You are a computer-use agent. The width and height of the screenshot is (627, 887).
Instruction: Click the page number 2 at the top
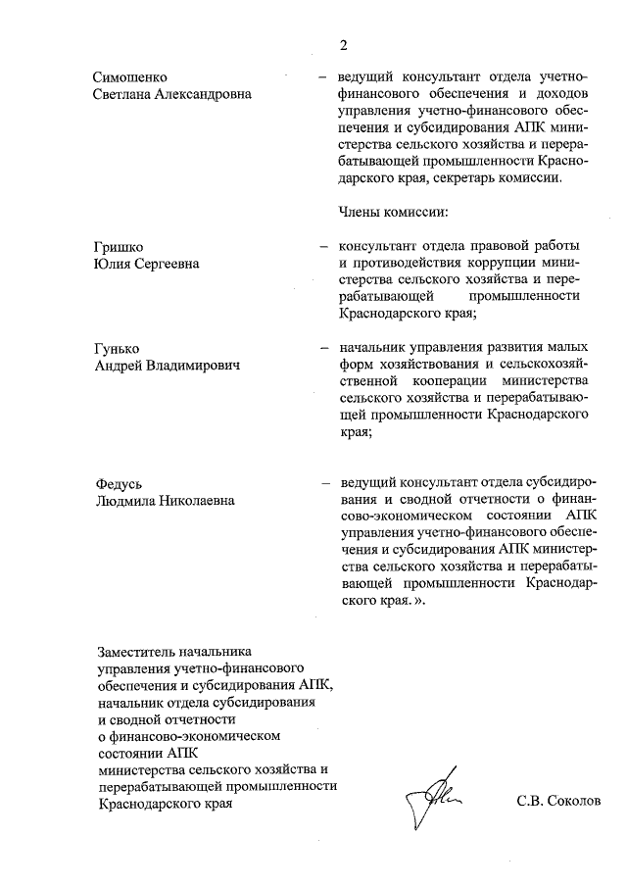coord(344,44)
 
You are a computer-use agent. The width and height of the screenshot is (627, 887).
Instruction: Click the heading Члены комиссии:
coord(392,211)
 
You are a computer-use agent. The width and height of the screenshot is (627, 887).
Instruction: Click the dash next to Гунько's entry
coord(322,348)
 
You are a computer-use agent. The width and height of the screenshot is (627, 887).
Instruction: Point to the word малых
coord(568,347)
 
